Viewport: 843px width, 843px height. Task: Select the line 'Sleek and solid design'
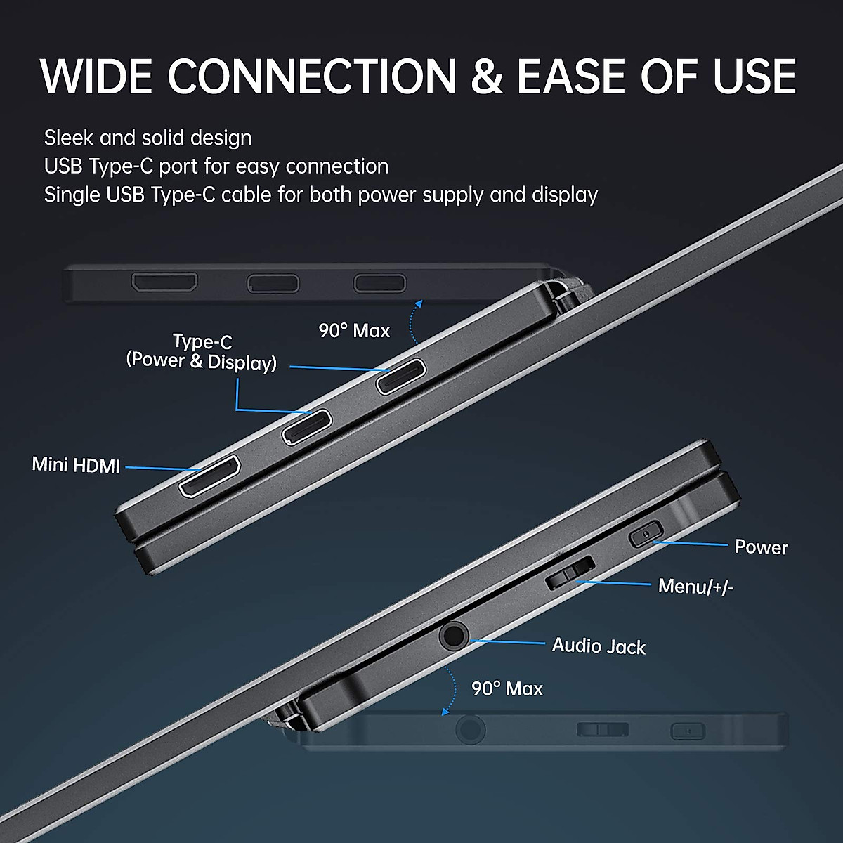pyautogui.click(x=148, y=138)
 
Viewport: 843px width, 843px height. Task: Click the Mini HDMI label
pyautogui.click(x=76, y=465)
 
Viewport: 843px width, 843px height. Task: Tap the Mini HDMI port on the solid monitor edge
pyautogui.click(x=210, y=476)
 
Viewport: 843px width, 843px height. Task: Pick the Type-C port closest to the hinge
pyautogui.click(x=401, y=377)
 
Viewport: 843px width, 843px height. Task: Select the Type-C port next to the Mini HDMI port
pyautogui.click(x=307, y=426)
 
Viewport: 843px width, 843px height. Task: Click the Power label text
pyautogui.click(x=761, y=547)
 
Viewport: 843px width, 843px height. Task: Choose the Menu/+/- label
pyautogui.click(x=695, y=586)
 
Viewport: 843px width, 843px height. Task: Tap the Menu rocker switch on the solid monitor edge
pyautogui.click(x=570, y=572)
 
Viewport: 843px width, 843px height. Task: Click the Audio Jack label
pyautogui.click(x=599, y=646)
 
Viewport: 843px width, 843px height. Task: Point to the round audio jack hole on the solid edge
pyautogui.click(x=454, y=636)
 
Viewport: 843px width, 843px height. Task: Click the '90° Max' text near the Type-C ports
pyautogui.click(x=354, y=331)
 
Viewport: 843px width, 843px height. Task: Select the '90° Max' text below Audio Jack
pyautogui.click(x=507, y=688)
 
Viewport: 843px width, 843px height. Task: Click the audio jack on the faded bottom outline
pyautogui.click(x=469, y=730)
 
